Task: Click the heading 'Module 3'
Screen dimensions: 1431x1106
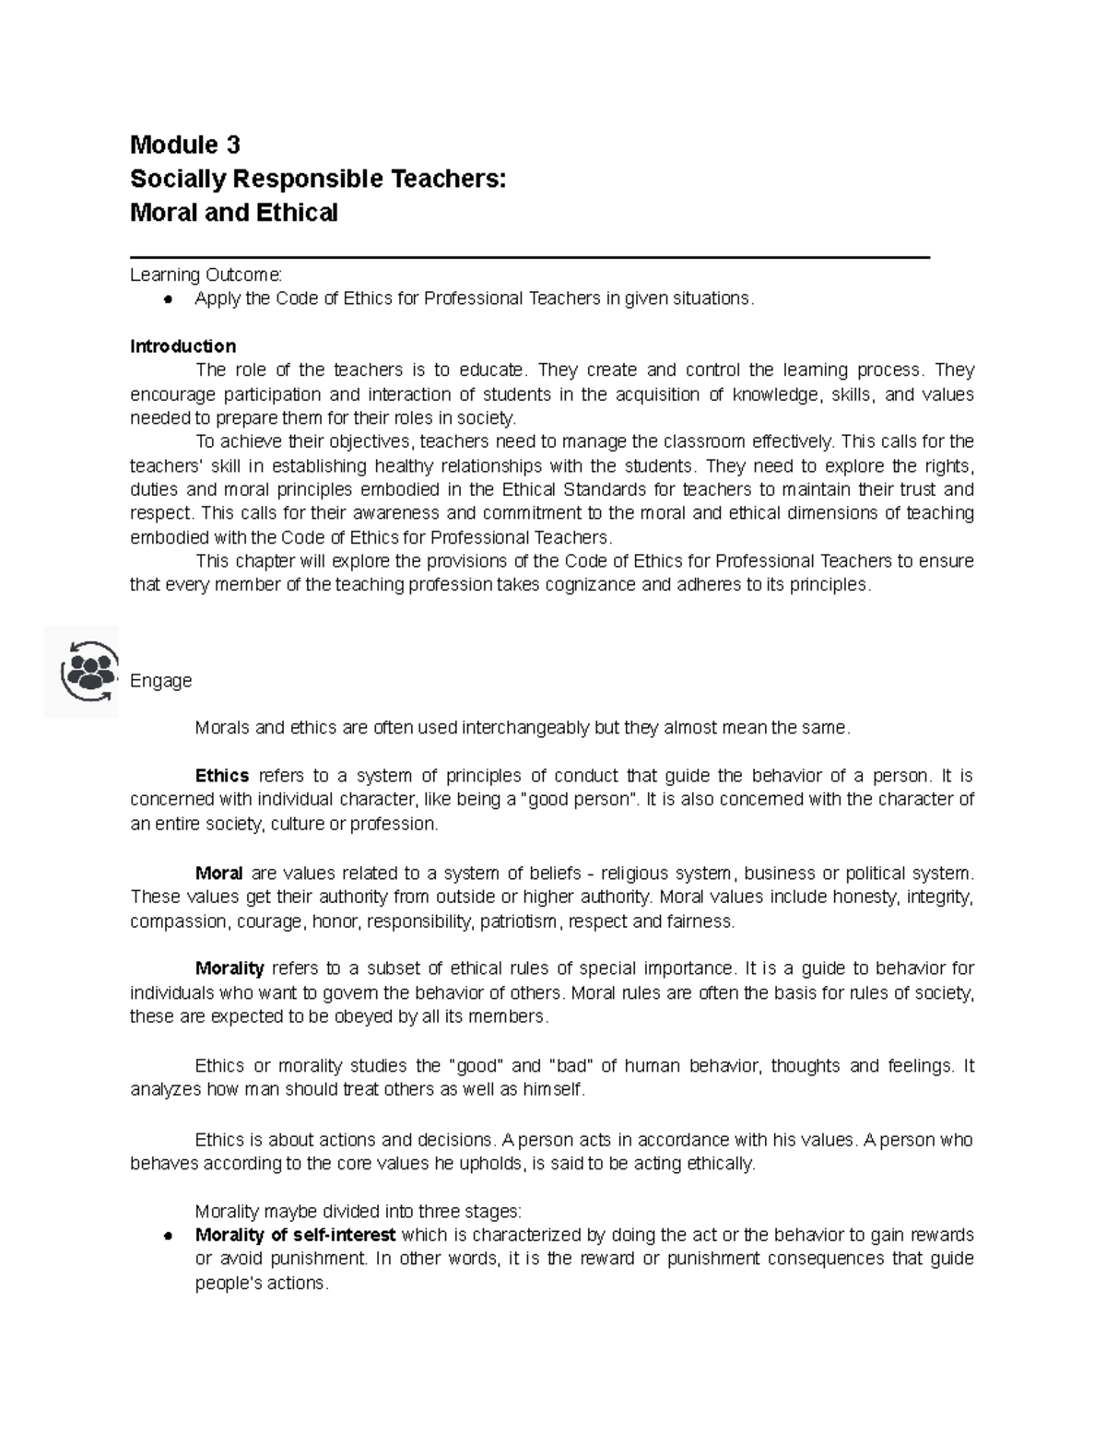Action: [184, 145]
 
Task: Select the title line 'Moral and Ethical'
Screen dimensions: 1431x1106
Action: [233, 213]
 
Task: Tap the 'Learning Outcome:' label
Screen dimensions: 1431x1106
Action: [207, 275]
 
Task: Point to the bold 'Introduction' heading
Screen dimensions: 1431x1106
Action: [182, 346]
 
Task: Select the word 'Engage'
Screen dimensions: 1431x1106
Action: [160, 681]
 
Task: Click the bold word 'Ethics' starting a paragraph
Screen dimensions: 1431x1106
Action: [222, 776]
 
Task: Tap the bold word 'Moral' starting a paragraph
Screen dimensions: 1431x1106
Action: [218, 873]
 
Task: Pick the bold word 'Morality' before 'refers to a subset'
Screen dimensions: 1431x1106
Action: [229, 968]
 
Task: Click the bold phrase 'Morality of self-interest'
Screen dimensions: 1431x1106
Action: [295, 1235]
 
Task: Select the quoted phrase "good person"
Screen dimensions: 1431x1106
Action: [580, 800]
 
